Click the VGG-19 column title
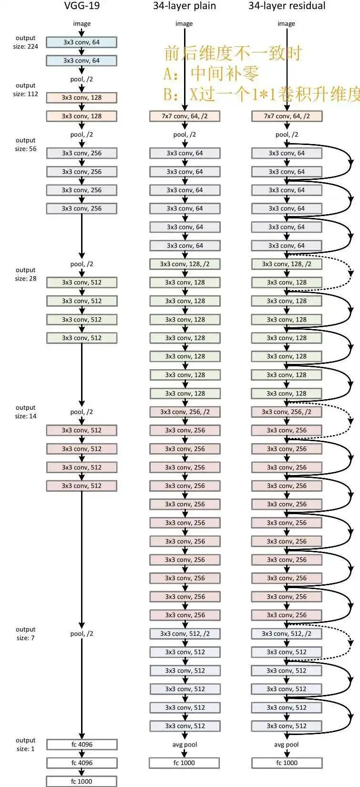[x=82, y=6]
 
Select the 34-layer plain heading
[x=184, y=6]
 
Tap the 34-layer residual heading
[x=287, y=6]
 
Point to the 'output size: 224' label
[x=26, y=42]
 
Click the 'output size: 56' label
[x=26, y=145]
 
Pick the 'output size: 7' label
[x=26, y=633]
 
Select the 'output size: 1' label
[x=26, y=745]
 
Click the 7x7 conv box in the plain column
[x=185, y=116]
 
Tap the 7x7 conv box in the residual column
[x=287, y=116]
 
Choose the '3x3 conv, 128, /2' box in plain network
[x=185, y=264]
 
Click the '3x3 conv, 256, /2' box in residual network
[x=287, y=412]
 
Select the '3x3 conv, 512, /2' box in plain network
[x=185, y=633]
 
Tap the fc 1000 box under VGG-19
[x=82, y=781]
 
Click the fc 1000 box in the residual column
[x=287, y=763]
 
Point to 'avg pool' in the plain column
[x=185, y=745]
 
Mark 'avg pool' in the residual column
[x=287, y=745]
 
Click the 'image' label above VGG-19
[x=82, y=23]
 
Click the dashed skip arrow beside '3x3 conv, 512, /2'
[x=351, y=642]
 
